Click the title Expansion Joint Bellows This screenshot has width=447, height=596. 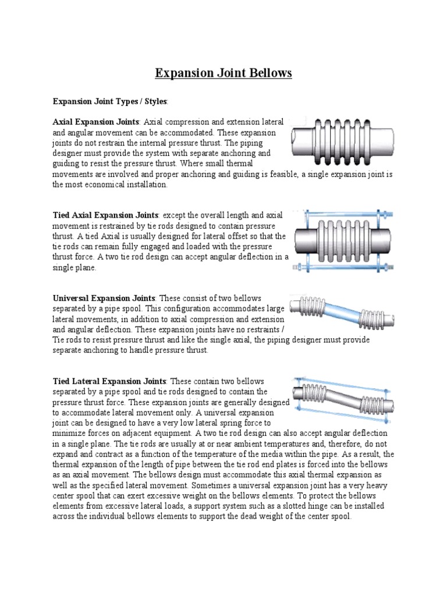point(223,73)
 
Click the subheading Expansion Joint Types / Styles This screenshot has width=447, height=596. point(109,101)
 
